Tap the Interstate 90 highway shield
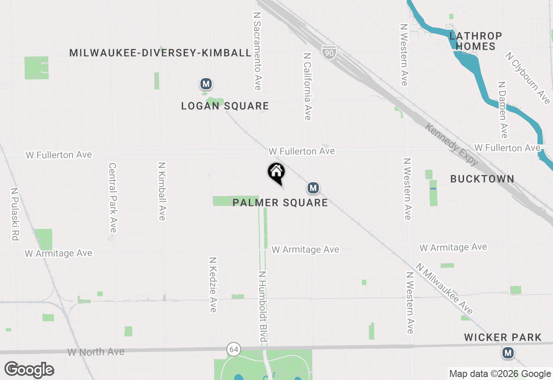click(329, 52)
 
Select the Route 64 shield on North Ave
click(234, 349)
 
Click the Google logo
click(29, 370)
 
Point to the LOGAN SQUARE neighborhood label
click(225, 106)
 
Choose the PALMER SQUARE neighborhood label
click(280, 203)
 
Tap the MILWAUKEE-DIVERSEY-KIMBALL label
click(160, 53)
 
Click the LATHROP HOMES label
click(476, 41)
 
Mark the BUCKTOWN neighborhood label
click(482, 179)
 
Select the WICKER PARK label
click(503, 337)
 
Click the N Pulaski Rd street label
click(15, 214)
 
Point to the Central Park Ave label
click(113, 197)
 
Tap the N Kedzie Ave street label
click(213, 285)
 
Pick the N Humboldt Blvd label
click(262, 306)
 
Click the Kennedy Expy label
click(451, 144)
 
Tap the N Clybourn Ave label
click(528, 78)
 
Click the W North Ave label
click(96, 352)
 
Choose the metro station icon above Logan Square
click(206, 84)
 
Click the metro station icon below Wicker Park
click(508, 353)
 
